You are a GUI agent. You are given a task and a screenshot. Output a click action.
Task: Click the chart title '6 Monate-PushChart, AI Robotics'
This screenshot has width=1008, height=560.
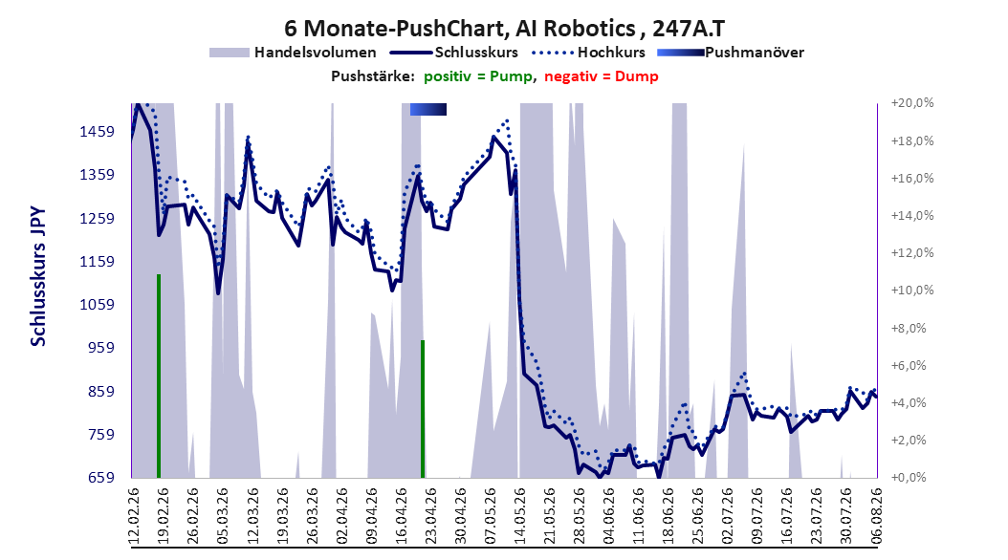[x=460, y=29]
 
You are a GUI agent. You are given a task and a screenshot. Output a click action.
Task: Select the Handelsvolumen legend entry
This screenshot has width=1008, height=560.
[x=294, y=53]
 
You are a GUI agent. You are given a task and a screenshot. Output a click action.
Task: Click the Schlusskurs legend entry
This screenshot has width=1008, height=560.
[x=455, y=53]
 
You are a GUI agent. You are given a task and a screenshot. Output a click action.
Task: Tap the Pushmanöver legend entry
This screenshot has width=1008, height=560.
[x=731, y=53]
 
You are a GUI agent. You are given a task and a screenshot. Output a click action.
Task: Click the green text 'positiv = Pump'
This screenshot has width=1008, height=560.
[x=478, y=76]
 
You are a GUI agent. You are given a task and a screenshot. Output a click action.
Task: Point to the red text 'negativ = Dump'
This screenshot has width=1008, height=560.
[x=602, y=76]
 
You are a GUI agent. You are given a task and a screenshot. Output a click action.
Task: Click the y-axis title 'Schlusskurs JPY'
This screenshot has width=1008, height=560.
[x=38, y=276]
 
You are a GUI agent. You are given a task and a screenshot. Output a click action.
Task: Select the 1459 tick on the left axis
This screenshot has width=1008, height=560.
[x=97, y=132]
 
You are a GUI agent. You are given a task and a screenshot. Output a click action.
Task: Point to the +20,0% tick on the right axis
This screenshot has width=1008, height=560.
[x=912, y=103]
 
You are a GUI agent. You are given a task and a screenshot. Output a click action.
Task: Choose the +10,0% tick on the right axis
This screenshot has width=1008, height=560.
[x=912, y=291]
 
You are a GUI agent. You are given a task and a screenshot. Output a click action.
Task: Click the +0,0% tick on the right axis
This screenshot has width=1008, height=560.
[x=909, y=477]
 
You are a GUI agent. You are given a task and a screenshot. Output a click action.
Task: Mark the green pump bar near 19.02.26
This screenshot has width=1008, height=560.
[x=159, y=376]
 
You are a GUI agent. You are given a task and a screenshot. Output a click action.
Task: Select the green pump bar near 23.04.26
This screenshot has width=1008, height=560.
[x=423, y=409]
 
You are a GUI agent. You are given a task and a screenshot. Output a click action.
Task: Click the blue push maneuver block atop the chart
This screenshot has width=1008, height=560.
[x=428, y=109]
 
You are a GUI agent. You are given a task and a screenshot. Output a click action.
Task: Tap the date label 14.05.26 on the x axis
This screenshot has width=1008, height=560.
[x=519, y=516]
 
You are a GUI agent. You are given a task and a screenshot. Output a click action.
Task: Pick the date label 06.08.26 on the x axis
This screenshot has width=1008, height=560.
[x=876, y=516]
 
